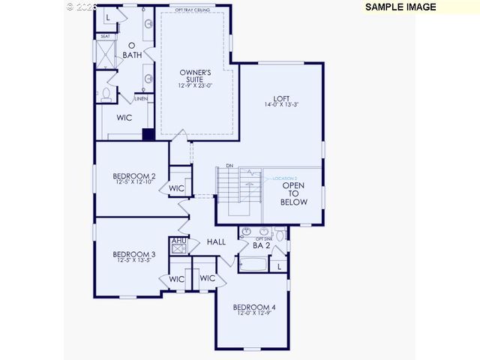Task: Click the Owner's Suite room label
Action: (194, 76)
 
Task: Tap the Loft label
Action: (280, 98)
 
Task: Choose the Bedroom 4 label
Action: (254, 307)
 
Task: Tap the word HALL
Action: (217, 242)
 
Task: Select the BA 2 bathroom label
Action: (261, 245)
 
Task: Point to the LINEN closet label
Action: (142, 98)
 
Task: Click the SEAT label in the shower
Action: (105, 37)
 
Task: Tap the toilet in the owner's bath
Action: (107, 94)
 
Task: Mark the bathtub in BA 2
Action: (253, 265)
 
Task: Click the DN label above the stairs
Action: (229, 165)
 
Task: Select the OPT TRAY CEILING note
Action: (194, 10)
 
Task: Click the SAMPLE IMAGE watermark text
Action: (400, 7)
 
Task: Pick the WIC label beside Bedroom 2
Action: (176, 188)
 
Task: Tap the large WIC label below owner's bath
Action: (124, 118)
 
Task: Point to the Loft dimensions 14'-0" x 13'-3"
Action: (280, 105)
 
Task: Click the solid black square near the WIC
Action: (148, 135)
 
